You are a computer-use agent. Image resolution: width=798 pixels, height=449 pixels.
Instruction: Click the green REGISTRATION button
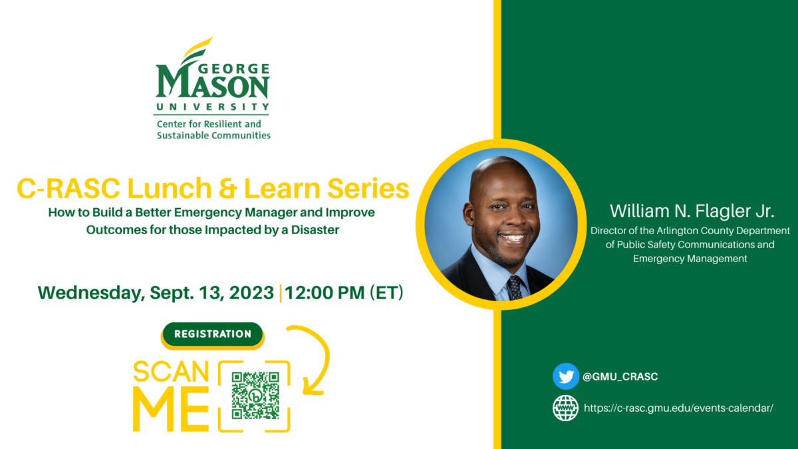point(213,334)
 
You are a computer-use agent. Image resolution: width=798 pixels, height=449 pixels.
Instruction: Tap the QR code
point(255,396)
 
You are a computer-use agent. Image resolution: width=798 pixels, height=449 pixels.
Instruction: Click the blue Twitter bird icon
point(566,376)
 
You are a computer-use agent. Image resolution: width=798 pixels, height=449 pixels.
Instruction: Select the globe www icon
point(566,408)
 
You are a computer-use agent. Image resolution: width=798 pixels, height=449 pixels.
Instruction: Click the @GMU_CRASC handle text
point(620,376)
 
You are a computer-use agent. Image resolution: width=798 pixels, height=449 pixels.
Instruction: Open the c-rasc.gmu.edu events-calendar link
point(679,408)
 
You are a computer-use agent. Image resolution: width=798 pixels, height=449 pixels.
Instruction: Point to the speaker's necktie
point(515,287)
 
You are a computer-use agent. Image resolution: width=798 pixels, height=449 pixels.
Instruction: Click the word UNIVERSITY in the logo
point(213,106)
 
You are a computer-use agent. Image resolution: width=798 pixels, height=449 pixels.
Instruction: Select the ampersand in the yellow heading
point(228,188)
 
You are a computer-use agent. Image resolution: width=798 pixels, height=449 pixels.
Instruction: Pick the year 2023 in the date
point(251,293)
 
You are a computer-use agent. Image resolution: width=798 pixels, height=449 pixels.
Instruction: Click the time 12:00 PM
point(325,293)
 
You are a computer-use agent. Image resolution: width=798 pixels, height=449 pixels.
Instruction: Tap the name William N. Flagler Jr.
point(692,211)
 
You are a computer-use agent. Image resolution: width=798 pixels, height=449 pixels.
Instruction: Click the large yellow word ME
point(171,410)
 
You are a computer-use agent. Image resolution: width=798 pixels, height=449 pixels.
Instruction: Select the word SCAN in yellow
point(171,372)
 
